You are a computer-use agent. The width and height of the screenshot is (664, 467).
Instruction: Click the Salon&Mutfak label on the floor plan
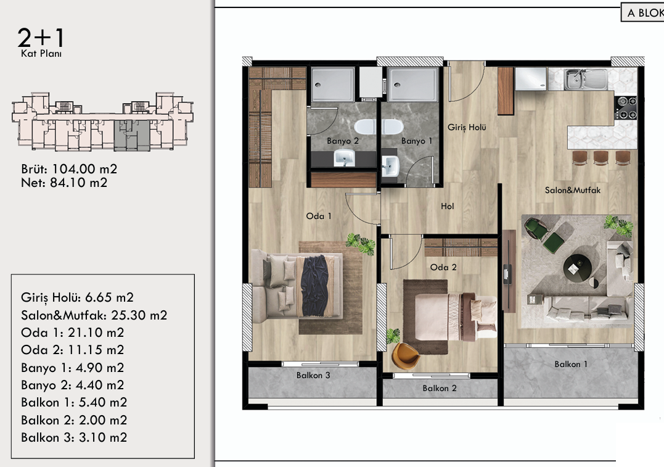[x=573, y=190]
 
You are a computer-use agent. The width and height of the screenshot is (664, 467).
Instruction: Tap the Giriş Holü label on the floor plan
[x=467, y=127]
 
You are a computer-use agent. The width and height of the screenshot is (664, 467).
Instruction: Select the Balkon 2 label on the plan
[x=440, y=388]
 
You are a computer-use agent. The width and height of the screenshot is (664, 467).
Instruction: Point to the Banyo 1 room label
[x=417, y=141]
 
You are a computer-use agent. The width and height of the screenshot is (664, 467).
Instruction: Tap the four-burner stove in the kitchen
[x=626, y=107]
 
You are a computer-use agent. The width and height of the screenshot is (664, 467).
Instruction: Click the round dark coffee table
[x=577, y=268]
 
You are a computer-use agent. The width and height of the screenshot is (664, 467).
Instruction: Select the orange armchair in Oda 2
[x=405, y=356]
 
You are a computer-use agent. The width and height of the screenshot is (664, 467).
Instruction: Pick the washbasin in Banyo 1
[x=390, y=167]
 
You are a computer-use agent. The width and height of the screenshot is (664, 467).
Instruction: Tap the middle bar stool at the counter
[x=600, y=157]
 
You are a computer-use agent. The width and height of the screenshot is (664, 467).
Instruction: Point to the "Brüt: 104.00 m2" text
[x=69, y=169]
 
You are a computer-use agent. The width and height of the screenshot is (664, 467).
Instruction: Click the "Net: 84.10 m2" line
[x=64, y=183]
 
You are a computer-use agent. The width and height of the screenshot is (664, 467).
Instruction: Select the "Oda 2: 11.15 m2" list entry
[x=72, y=350]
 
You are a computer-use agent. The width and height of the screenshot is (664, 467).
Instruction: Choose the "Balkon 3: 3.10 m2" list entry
[x=74, y=437]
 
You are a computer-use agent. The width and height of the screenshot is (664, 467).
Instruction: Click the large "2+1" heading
[x=41, y=38]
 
